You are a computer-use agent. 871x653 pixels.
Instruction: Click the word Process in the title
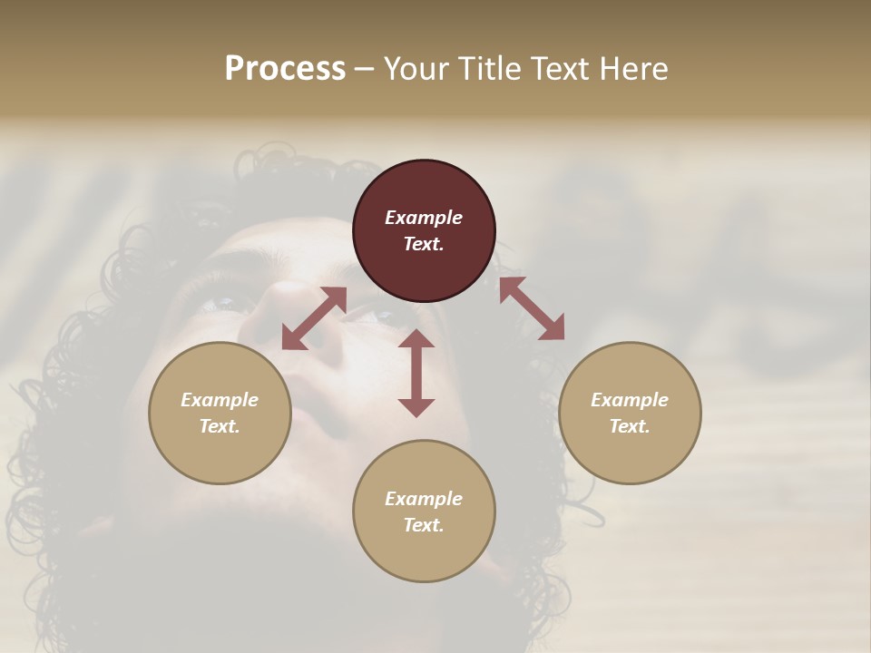[285, 69]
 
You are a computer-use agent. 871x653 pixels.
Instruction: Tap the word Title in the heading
[488, 69]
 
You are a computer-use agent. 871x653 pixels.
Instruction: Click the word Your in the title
[416, 69]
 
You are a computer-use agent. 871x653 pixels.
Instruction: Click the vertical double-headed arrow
[416, 373]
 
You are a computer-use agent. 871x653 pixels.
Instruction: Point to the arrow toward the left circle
[314, 318]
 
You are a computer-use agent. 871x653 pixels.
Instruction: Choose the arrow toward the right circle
[532, 308]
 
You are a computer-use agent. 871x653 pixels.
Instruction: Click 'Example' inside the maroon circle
[424, 218]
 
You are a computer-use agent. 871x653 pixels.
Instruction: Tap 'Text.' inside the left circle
[220, 426]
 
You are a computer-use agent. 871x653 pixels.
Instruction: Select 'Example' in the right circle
[630, 400]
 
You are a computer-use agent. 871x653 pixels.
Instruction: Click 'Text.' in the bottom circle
[424, 525]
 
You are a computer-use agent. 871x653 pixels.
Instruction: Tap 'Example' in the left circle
[220, 400]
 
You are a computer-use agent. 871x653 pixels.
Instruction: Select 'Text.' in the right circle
[630, 426]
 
